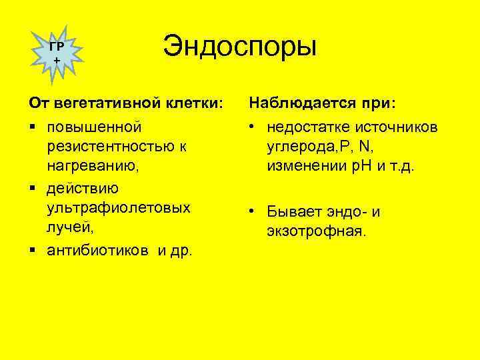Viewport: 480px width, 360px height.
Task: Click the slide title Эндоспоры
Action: coord(240,49)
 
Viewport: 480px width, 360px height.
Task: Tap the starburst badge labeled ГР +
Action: coord(57,52)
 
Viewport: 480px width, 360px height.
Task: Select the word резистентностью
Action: coord(109,146)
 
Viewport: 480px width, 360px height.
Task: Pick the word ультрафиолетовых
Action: coord(119,207)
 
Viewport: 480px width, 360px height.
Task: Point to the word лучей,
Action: coord(70,227)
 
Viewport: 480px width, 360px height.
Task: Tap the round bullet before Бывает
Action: coord(253,212)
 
